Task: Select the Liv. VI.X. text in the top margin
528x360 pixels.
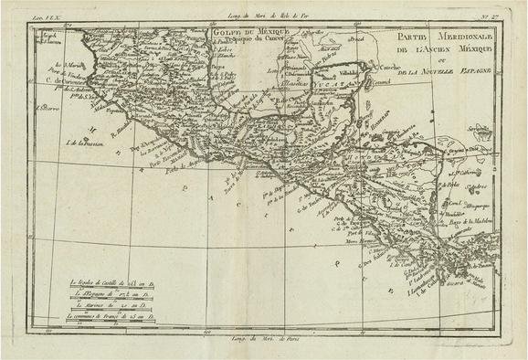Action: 41,7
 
